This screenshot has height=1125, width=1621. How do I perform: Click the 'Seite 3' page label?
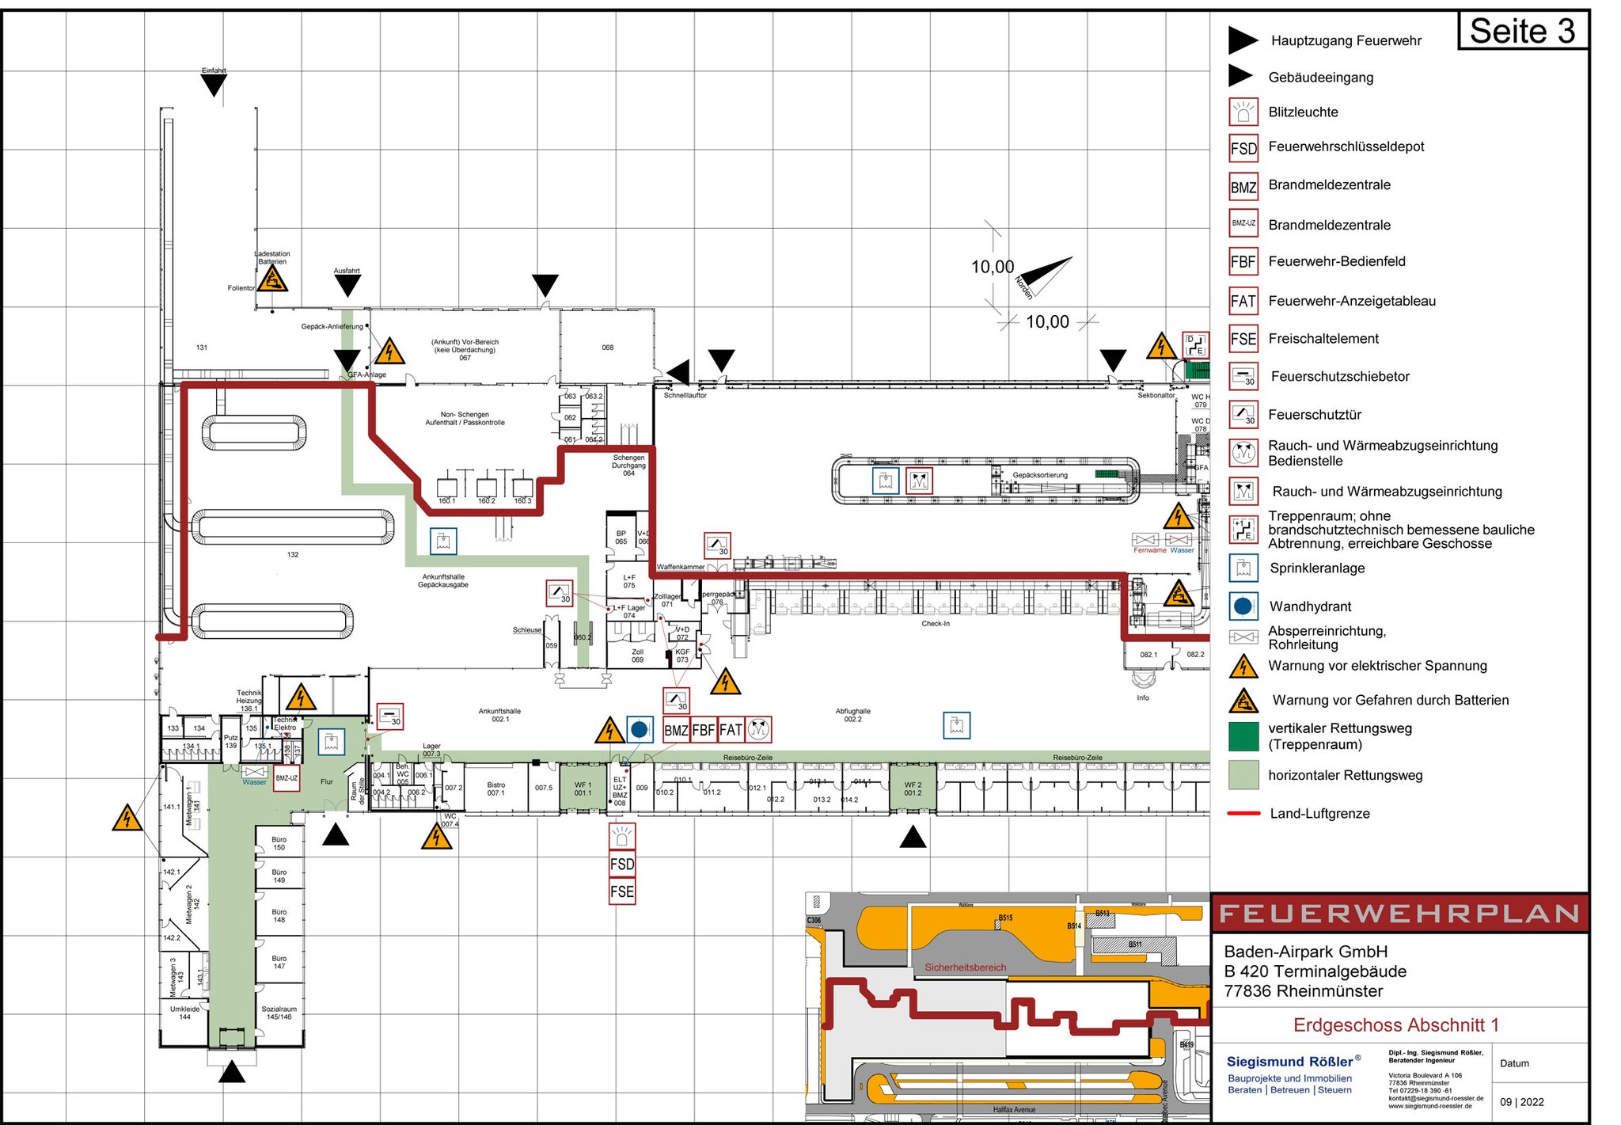point(1522,32)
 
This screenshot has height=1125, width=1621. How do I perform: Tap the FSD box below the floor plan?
point(622,864)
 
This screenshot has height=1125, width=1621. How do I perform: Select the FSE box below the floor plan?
point(622,891)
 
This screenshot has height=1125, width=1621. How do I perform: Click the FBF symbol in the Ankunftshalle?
point(704,729)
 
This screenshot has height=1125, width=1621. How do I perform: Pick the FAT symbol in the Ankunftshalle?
point(731,729)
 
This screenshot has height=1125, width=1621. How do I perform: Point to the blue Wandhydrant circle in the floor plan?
point(640,729)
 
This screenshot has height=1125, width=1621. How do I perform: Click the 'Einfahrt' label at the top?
point(214,70)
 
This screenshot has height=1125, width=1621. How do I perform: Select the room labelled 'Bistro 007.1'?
point(495,789)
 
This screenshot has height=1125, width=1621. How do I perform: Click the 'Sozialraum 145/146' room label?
point(279,1013)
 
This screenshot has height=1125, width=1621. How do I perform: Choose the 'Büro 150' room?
point(279,843)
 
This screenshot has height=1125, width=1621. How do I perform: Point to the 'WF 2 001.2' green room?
point(913,789)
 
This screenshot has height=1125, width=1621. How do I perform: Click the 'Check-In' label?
point(936,624)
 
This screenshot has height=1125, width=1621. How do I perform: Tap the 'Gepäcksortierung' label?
point(1040,475)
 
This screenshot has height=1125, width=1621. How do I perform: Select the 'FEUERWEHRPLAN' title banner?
point(1399,914)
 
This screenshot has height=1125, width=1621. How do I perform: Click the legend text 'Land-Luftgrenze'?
point(1319,814)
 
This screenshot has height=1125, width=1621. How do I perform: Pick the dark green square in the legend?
point(1243,736)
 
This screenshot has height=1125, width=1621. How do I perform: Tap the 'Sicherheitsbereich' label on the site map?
point(966,967)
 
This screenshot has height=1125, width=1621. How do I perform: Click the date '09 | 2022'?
point(1521,1102)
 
